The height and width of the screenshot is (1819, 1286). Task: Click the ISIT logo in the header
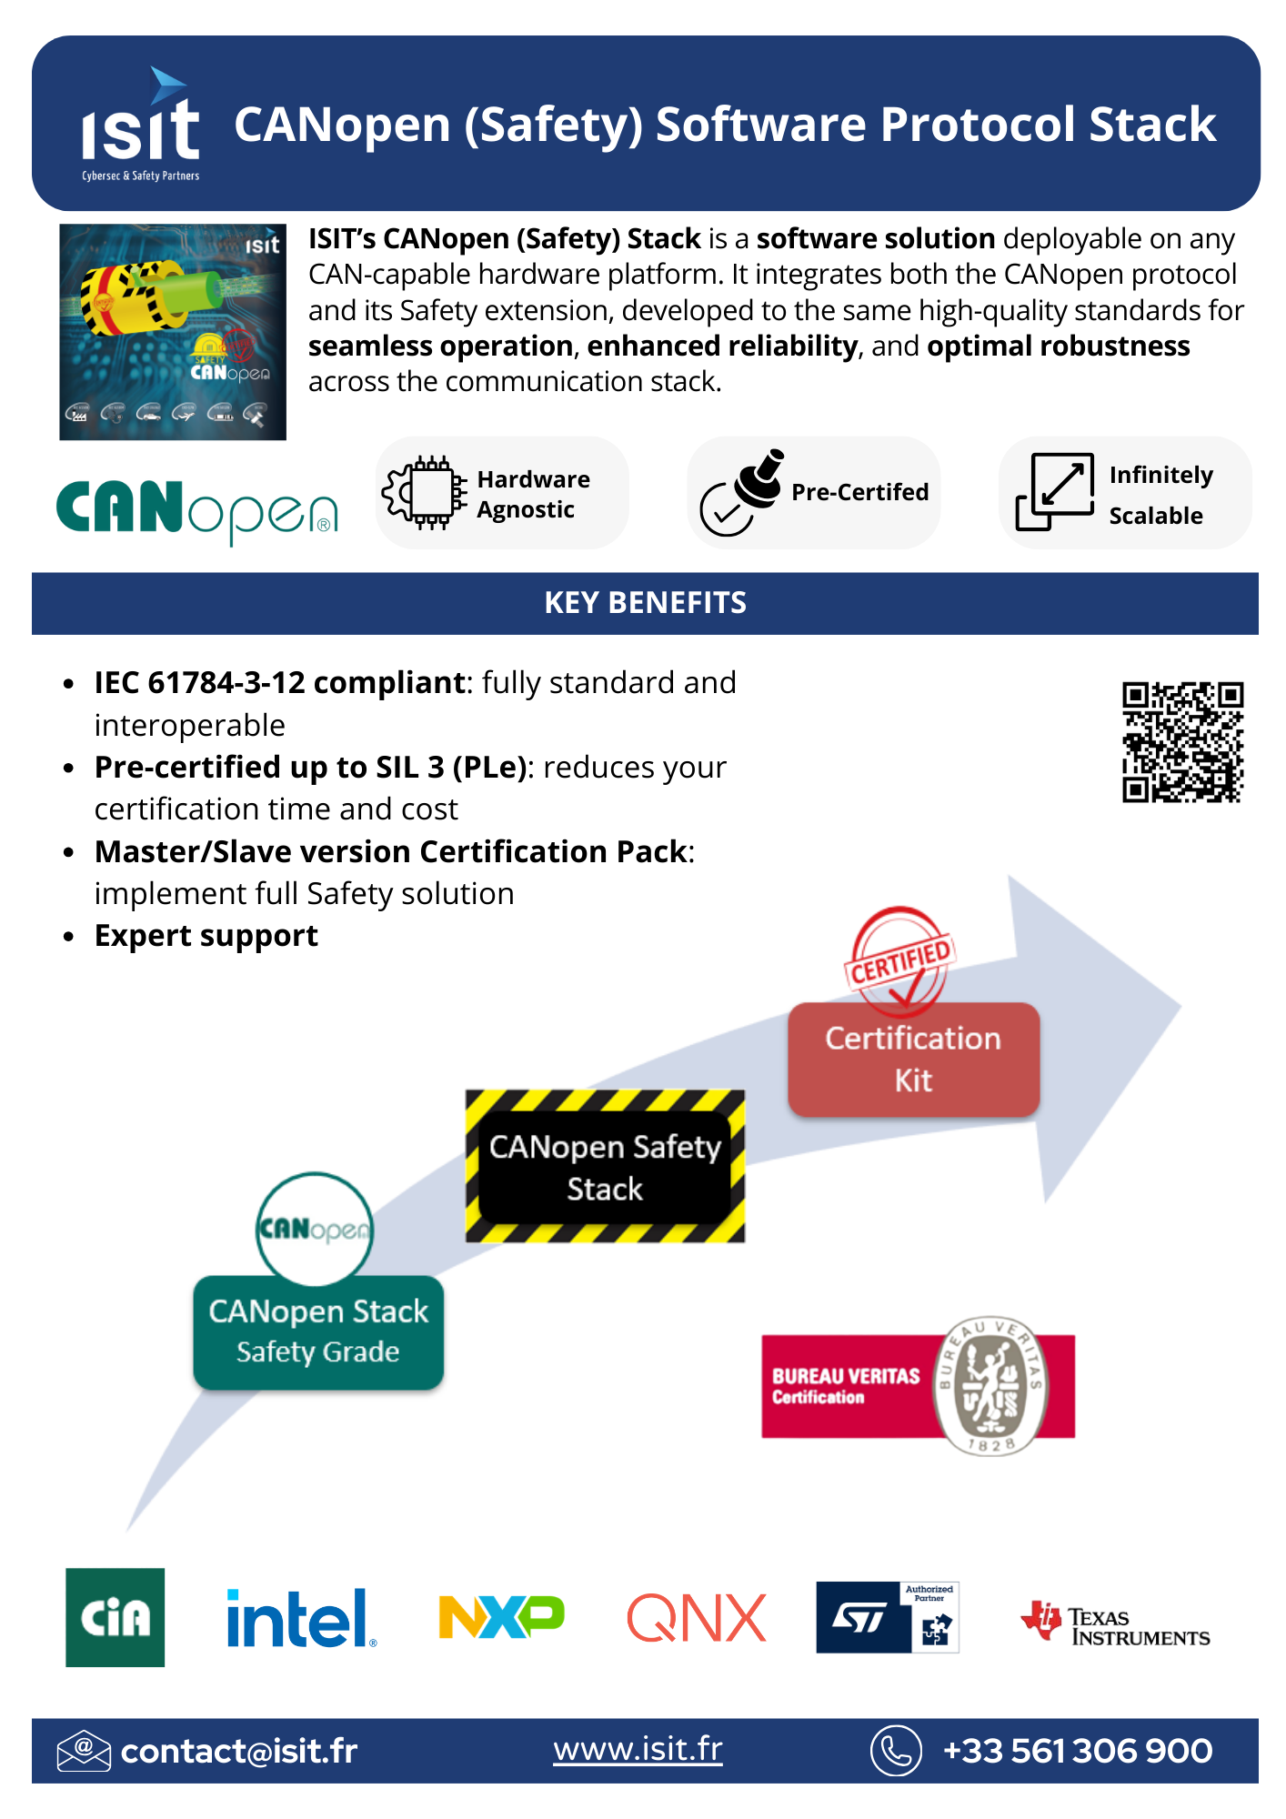(140, 126)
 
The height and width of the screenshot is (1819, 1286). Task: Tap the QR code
(1182, 742)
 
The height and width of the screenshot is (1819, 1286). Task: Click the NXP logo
(501, 1617)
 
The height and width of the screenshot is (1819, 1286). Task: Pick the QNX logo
(697, 1618)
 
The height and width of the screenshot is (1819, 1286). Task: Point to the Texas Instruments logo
(1116, 1624)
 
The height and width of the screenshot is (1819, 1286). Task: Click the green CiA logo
(116, 1617)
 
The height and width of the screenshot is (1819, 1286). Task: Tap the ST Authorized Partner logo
(888, 1617)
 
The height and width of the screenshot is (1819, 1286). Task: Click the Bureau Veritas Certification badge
(919, 1386)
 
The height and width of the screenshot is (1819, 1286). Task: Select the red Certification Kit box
(913, 1060)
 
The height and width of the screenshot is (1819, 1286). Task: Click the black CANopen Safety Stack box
(605, 1167)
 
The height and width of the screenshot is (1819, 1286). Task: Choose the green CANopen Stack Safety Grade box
(318, 1332)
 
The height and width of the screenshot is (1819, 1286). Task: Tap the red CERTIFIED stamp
(899, 960)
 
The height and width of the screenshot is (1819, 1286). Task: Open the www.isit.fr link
(638, 1749)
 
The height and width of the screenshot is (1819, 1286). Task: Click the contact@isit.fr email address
(239, 1751)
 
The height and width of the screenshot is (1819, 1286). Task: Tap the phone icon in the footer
(896, 1751)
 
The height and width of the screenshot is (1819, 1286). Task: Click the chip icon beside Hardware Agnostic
(425, 492)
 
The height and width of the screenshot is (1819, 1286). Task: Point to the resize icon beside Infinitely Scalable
(1055, 491)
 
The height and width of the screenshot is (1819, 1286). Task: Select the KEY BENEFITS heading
(645, 603)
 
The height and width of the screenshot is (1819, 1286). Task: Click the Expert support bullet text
(206, 936)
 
